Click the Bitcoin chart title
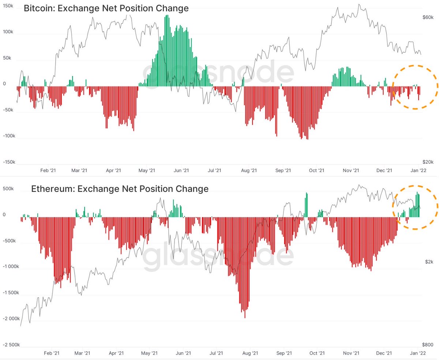106,8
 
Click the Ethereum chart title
120,189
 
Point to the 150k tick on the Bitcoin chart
8,6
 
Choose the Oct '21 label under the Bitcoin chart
316,171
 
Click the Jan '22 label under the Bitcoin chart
418,171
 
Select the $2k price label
429,262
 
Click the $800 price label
427,345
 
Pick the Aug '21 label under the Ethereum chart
250,353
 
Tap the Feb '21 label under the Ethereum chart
52,353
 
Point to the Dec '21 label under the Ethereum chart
384,353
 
